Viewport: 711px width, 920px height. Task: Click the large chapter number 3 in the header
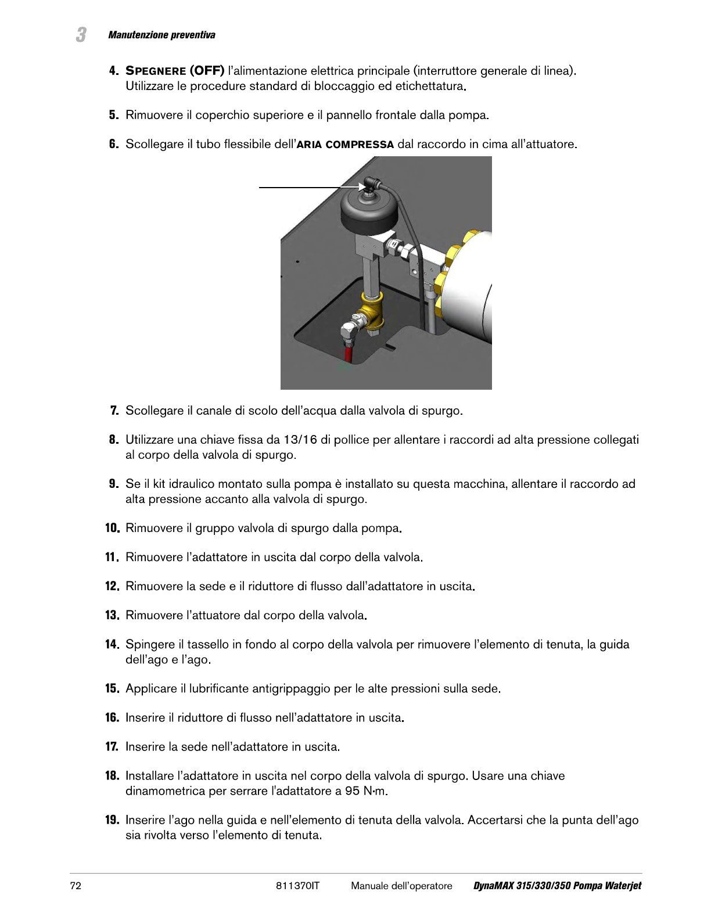click(81, 35)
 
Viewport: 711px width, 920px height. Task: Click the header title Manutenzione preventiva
click(161, 35)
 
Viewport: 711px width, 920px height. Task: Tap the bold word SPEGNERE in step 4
click(156, 71)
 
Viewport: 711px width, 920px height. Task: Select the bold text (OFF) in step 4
click(207, 71)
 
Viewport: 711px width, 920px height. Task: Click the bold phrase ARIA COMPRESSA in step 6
click(346, 145)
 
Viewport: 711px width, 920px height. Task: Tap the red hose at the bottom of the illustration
click(348, 351)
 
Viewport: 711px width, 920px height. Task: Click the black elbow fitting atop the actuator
click(371, 185)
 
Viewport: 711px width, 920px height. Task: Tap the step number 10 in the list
click(113, 528)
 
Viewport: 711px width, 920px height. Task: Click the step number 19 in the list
click(113, 820)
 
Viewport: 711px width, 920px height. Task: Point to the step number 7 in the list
click(114, 411)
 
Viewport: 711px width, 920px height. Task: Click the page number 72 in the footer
click(76, 886)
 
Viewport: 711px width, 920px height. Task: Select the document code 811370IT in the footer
click(297, 886)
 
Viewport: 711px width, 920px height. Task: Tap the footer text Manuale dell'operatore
click(401, 886)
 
